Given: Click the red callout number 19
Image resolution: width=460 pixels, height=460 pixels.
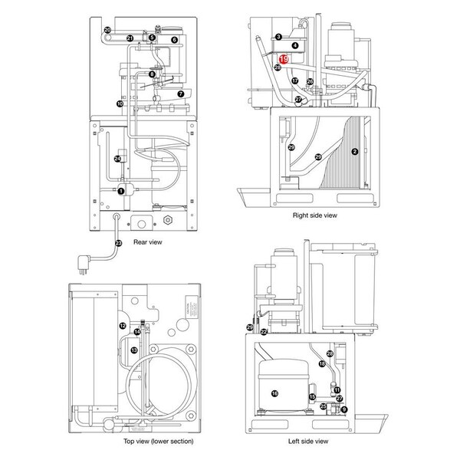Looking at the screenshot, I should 284,58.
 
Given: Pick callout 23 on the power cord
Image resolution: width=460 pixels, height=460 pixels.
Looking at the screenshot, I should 118,243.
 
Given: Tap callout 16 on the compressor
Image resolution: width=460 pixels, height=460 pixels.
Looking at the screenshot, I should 274,394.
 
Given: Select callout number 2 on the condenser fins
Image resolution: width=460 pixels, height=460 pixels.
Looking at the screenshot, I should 354,152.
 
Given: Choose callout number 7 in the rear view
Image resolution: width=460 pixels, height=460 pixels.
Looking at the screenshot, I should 181,94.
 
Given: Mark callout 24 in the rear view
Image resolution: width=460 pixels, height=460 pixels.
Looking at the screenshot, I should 117,159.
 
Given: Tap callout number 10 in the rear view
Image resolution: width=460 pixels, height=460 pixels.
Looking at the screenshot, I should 120,103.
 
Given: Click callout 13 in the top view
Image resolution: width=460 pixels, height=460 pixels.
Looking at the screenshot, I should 134,350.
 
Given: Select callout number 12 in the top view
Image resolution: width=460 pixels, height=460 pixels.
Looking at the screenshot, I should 123,326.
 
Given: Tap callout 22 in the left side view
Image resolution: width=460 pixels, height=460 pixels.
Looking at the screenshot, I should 264,332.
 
